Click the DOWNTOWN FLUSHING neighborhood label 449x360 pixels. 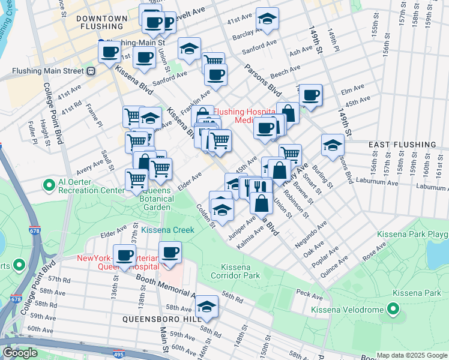pos(102,23)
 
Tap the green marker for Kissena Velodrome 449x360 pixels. pos(393,310)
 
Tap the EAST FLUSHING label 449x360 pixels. pos(394,145)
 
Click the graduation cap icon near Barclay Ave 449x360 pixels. pos(267,19)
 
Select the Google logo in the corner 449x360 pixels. pos(20,353)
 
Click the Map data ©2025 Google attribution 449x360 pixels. pos(412,355)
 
